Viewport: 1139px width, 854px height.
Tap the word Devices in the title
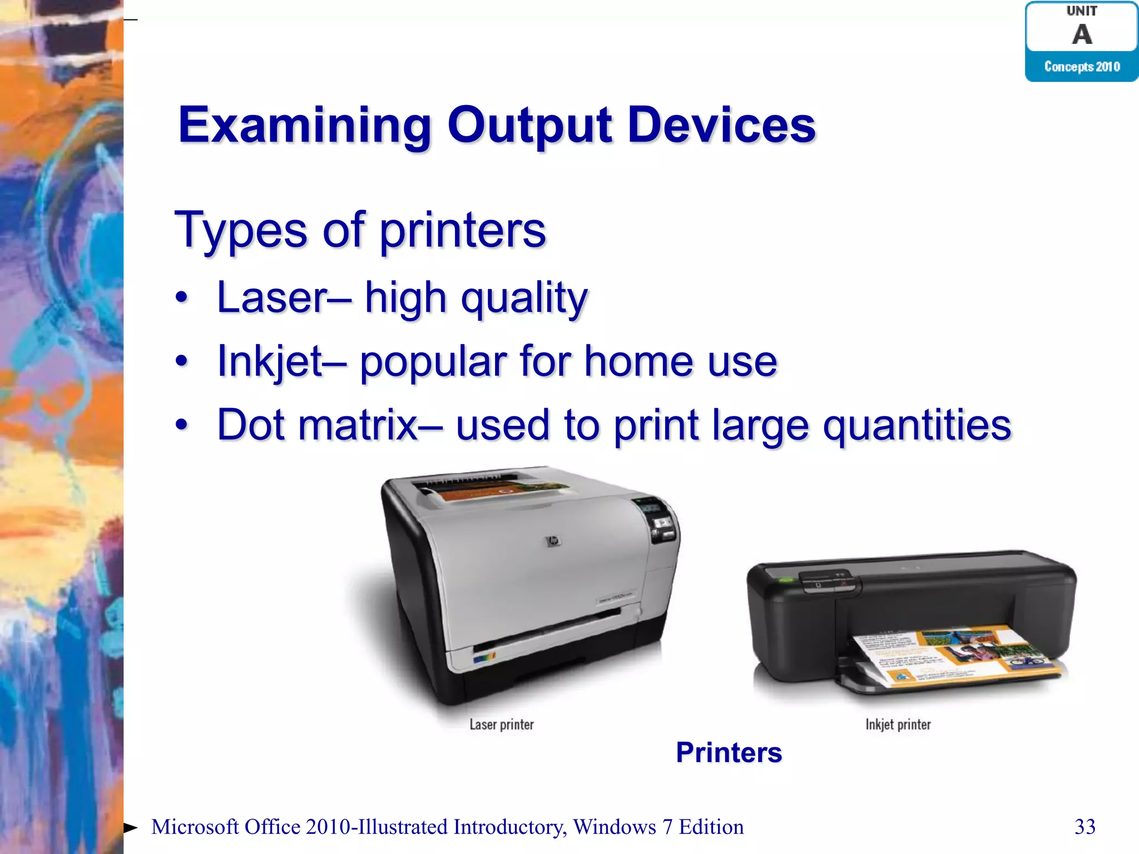721,126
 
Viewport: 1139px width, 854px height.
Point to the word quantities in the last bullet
917,425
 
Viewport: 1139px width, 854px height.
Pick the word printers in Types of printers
463,230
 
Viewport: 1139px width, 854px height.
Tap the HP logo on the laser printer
552,540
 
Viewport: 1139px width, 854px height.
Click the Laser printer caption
502,724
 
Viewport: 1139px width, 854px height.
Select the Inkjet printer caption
898,724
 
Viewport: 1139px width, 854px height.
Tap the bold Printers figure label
729,753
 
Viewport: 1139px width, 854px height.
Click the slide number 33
1085,827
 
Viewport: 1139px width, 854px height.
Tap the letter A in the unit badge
1082,34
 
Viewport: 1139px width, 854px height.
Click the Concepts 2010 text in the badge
1082,67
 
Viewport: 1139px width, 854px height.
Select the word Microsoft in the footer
195,827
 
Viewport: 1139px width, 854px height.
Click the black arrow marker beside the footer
130,828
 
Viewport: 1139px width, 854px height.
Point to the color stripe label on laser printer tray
483,658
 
